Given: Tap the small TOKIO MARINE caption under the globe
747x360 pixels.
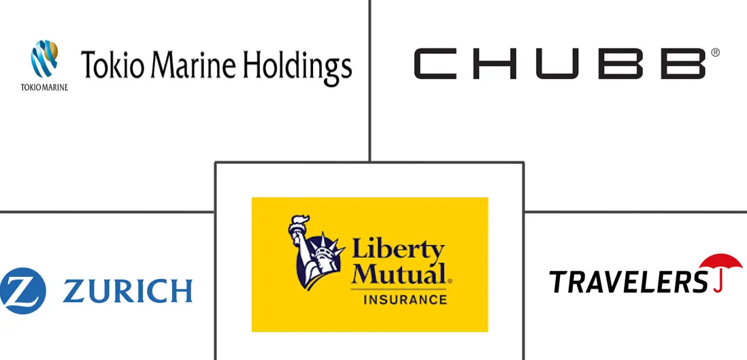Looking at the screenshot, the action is (44, 87).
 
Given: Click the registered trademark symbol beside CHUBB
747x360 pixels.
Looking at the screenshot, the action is (715, 52).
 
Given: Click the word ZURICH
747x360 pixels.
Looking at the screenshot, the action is (128, 291).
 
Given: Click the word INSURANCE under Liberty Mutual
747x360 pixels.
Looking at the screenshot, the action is (405, 300).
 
